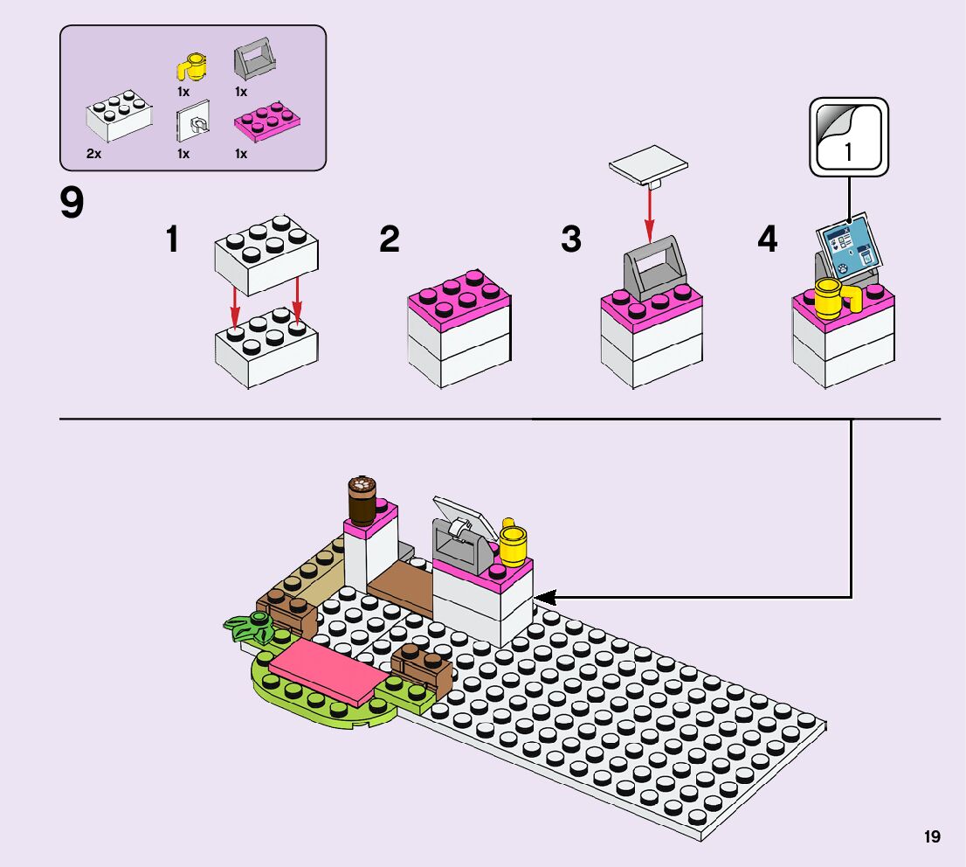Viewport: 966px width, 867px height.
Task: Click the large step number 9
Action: pyautogui.click(x=72, y=204)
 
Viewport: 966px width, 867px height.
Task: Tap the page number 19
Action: pyautogui.click(x=932, y=837)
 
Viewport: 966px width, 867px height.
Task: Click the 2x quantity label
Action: pyautogui.click(x=94, y=154)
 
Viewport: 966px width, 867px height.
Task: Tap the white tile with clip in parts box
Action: pyautogui.click(x=193, y=125)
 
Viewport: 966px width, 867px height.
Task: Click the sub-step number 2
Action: pyautogui.click(x=390, y=239)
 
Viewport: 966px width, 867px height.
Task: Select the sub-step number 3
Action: pyautogui.click(x=571, y=239)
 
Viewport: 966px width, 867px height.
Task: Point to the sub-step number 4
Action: pyautogui.click(x=767, y=239)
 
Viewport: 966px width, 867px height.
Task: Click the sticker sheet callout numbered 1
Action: pyautogui.click(x=848, y=137)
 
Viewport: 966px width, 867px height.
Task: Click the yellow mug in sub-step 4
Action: pyautogui.click(x=834, y=297)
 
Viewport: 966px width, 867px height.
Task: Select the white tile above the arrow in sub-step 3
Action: pyautogui.click(x=648, y=166)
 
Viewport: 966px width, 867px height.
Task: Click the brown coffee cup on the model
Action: pyautogui.click(x=361, y=499)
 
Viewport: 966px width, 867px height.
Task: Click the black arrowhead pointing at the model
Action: pyautogui.click(x=544, y=598)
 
